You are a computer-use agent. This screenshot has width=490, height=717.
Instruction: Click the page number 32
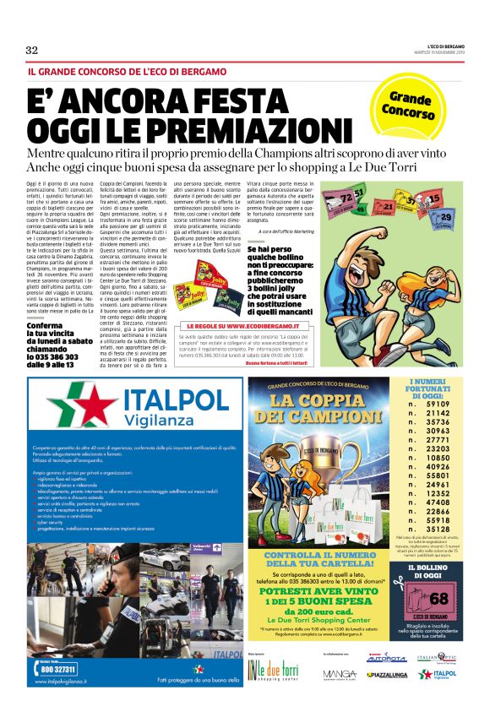[31, 50]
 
